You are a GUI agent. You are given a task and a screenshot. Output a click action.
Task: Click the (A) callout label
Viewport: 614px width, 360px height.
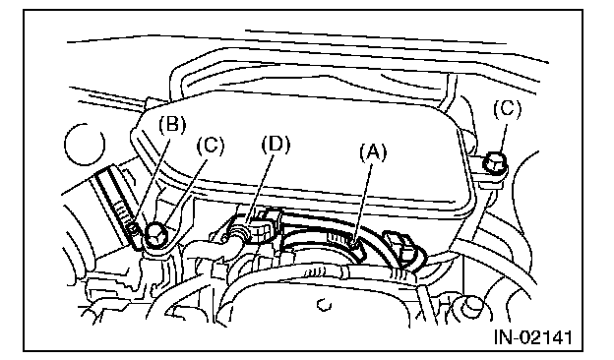[373, 152]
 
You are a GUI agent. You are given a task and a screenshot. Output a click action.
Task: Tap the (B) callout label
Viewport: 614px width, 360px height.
[172, 125]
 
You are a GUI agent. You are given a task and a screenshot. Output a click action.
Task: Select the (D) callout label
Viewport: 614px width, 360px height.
[276, 145]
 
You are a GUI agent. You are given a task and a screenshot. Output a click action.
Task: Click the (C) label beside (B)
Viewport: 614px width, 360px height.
[211, 146]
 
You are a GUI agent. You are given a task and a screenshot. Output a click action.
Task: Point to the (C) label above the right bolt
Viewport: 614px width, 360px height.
[507, 109]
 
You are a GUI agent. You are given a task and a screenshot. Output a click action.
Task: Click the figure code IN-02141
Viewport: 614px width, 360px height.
[533, 337]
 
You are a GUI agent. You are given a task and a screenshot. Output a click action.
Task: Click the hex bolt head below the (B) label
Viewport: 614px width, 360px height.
[157, 235]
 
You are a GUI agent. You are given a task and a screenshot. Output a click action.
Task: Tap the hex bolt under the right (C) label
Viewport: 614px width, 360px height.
[495, 163]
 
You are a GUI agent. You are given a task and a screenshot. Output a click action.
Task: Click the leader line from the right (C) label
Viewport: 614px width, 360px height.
[503, 137]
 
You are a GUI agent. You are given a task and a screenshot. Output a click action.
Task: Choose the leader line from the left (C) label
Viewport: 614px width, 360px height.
[186, 190]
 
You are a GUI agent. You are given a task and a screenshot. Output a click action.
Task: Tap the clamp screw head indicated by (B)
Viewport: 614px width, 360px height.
[134, 228]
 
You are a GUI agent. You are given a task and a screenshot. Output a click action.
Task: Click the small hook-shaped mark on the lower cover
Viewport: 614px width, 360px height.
[324, 305]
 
